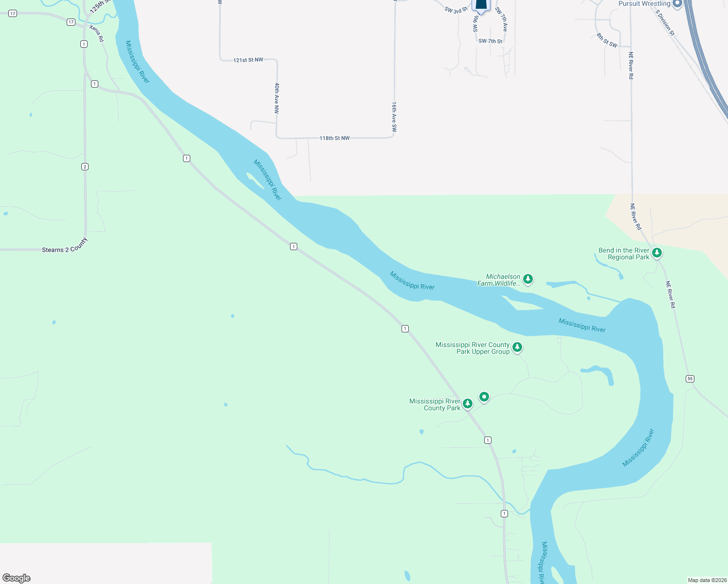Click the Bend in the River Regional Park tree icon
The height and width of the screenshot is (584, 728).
656,253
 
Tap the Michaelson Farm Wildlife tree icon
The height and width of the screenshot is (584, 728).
528,279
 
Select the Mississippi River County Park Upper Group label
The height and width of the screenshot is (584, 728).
472,348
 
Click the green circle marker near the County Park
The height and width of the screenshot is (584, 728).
484,397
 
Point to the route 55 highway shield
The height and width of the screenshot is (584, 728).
690,379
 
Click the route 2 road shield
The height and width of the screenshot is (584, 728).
85,167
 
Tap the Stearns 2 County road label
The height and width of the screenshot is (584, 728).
65,246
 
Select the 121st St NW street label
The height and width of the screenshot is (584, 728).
248,60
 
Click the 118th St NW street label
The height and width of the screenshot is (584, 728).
334,138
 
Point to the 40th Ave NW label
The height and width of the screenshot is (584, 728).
276,98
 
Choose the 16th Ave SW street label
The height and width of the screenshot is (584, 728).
394,117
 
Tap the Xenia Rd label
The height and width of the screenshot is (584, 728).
96,33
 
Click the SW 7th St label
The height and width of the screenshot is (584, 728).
490,41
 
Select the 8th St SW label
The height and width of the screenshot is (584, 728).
607,40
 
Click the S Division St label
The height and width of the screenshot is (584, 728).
665,23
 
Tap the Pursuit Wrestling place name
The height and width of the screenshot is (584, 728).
644,4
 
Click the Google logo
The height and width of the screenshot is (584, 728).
17,578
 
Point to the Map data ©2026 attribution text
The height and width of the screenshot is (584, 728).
707,580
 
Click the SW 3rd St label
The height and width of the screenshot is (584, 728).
456,10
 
